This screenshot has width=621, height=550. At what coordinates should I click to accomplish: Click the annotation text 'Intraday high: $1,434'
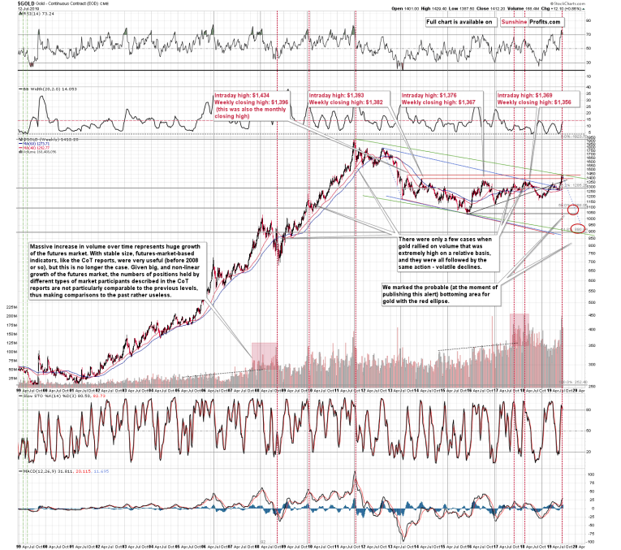(242, 95)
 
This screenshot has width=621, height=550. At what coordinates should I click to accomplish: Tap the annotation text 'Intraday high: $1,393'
(336, 95)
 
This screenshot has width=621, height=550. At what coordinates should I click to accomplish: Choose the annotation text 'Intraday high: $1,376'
(430, 95)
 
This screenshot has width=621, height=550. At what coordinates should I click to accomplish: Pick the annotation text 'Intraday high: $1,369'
(524, 95)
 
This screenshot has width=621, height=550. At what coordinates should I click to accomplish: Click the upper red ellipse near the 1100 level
(574, 210)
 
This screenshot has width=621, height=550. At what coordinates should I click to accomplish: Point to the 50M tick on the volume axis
(13, 368)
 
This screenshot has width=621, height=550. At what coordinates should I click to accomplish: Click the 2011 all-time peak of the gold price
(355, 143)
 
